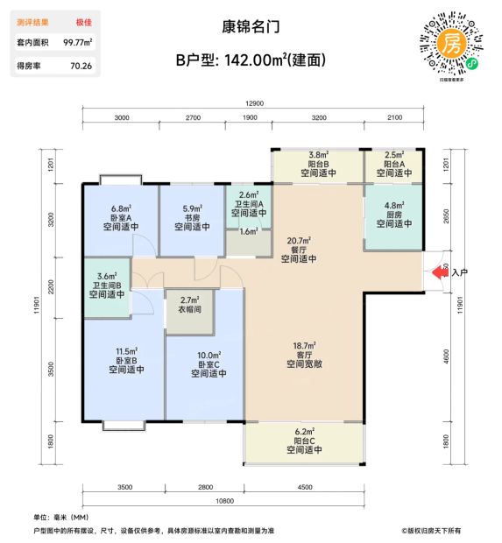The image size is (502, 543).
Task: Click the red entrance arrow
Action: point(439,272)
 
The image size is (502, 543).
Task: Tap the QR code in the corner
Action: point(451,45)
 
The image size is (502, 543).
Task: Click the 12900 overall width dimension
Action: point(254,103)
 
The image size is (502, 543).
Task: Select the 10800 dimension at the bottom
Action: point(224,501)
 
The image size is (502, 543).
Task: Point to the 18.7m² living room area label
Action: point(304,346)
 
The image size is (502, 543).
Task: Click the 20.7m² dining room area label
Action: point(299,240)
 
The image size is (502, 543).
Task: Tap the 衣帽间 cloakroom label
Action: point(189,309)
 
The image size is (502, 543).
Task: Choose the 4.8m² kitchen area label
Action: point(394,206)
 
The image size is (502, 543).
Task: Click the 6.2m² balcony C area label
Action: point(305,432)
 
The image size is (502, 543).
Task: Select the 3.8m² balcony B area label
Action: point(318,155)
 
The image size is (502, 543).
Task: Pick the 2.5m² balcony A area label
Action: point(394,155)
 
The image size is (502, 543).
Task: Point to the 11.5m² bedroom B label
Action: point(126,351)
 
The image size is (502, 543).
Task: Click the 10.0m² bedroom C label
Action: point(209,356)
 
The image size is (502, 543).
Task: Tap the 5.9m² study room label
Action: point(192,208)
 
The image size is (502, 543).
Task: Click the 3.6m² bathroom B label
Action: point(107,277)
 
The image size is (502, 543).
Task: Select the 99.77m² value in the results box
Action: point(78,42)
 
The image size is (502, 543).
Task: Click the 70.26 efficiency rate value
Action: point(81,66)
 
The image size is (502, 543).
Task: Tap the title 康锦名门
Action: point(251,27)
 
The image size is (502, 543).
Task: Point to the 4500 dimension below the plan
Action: point(305,487)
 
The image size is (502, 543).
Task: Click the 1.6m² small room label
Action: point(249,231)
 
